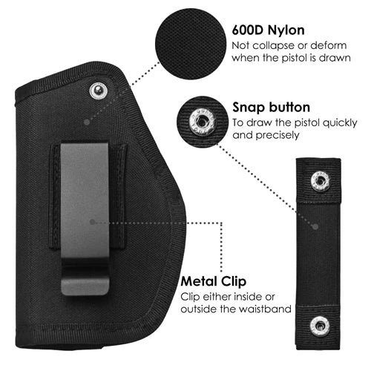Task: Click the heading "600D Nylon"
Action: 268,30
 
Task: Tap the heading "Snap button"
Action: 271,108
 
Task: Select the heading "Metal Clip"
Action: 214,281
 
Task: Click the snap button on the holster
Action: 99,91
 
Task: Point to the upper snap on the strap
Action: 321,181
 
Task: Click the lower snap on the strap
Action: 320,326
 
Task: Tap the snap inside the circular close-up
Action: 202,122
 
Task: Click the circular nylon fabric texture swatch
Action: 191,44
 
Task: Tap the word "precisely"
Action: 278,135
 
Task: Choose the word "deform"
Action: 329,45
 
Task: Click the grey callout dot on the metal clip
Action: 92,222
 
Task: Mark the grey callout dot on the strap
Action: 315,226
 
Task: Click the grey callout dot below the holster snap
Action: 87,122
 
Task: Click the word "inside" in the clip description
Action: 249,297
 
